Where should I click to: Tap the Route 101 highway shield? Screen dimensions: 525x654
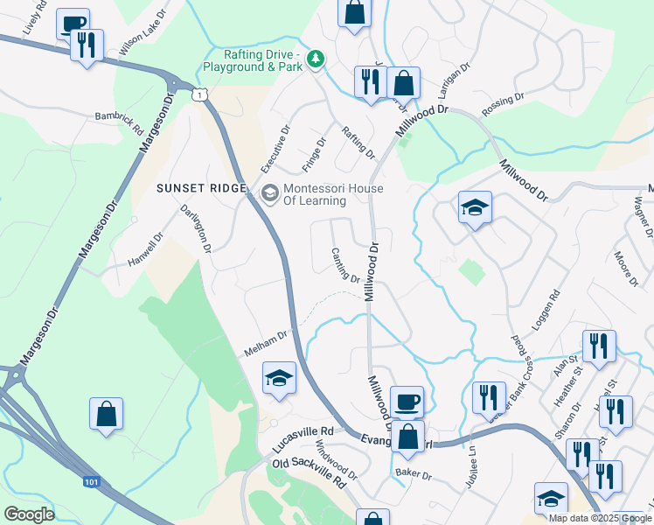click(92, 481)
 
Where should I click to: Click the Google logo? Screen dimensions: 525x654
click(29, 514)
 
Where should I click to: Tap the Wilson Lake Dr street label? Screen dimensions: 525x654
click(143, 36)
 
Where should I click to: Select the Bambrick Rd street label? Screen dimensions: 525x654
click(120, 122)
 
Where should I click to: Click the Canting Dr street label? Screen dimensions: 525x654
click(346, 264)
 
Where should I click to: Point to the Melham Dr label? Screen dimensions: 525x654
click(267, 341)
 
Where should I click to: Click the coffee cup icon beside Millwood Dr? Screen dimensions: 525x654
click(407, 402)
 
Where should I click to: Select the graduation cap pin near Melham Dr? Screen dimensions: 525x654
click(279, 378)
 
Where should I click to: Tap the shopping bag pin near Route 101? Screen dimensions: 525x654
click(106, 414)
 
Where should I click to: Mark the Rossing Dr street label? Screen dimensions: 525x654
click(503, 105)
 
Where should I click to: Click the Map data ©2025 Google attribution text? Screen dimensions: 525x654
click(599, 517)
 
